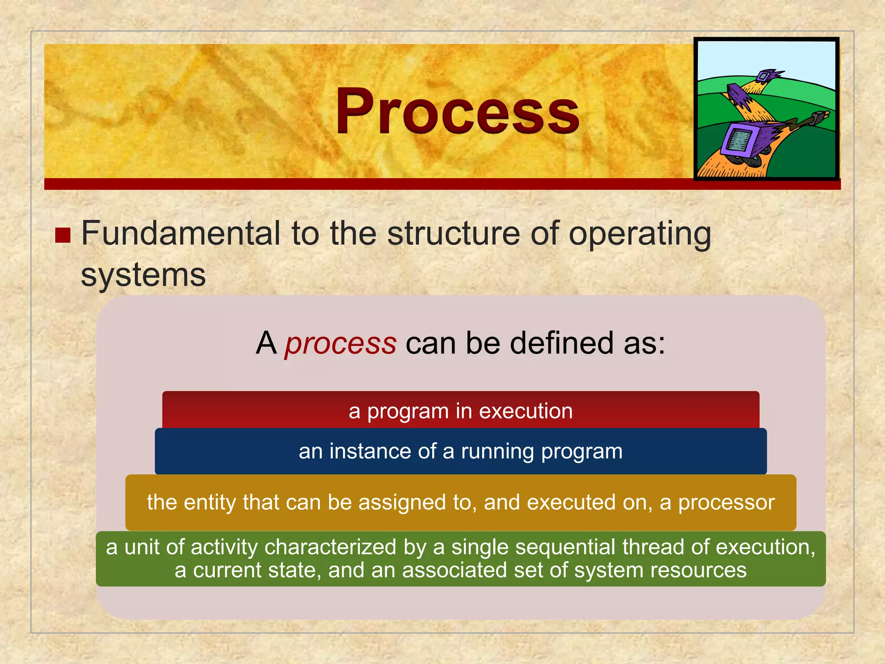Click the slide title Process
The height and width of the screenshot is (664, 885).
(457, 111)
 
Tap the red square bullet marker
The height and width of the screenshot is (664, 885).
(63, 236)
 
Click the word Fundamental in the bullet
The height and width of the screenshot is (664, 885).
(181, 233)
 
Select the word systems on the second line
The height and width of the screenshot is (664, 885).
(143, 275)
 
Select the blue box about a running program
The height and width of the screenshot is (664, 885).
(461, 451)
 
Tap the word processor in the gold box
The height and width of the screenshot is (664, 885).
(726, 503)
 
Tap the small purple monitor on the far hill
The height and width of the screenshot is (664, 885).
(764, 77)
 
